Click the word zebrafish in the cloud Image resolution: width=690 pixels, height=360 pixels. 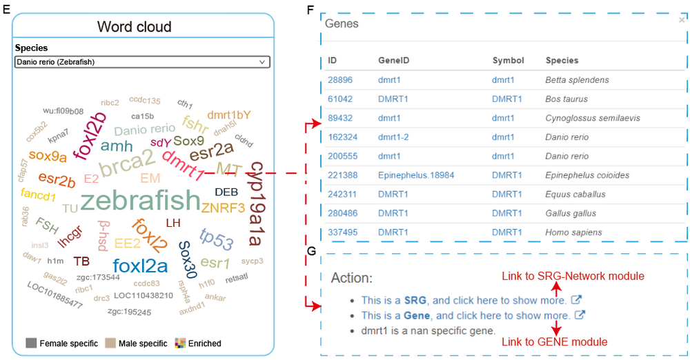140,201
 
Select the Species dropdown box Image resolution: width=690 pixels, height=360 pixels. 142,62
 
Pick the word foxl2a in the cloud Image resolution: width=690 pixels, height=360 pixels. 140,266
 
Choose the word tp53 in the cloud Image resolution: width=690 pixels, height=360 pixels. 216,237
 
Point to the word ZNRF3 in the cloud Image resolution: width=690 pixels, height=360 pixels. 223,207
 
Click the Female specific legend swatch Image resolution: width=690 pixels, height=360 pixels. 30,343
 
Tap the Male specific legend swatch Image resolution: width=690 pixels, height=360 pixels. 110,343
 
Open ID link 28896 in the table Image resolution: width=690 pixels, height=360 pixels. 339,80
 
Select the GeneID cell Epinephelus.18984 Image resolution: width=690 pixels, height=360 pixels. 416,175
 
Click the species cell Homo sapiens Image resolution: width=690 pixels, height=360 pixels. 573,232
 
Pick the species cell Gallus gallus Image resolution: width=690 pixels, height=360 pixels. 571,214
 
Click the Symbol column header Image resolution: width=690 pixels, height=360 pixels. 508,61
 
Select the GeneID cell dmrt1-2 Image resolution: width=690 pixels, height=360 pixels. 393,137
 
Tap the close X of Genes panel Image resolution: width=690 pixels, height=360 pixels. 682,21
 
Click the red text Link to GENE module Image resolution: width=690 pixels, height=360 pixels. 555,342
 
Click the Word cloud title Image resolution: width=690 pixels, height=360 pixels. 135,28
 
